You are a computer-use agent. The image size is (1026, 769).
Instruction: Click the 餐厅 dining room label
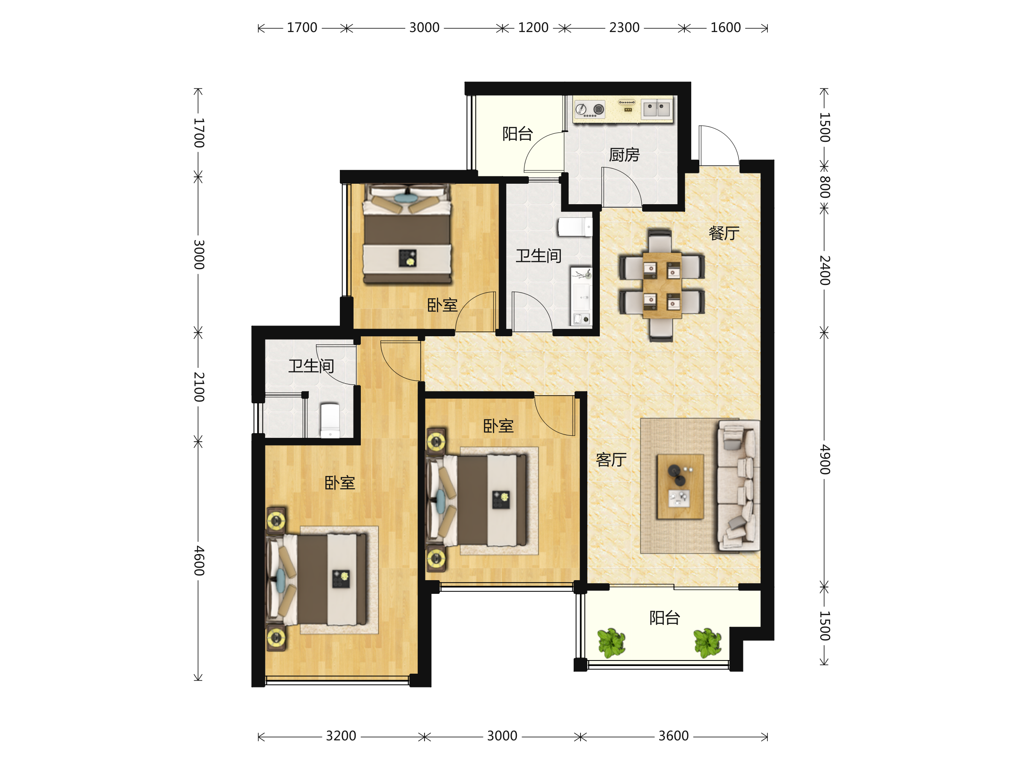(x=724, y=233)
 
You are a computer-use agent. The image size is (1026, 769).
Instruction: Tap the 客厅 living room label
(x=611, y=460)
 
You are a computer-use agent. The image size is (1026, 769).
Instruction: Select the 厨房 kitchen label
(x=624, y=155)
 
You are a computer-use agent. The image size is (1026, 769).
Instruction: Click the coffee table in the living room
(x=681, y=487)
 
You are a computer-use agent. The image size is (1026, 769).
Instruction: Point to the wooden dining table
(x=662, y=285)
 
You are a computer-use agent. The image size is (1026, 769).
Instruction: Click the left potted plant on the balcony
(x=611, y=643)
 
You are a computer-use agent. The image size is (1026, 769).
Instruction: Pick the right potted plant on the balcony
(x=708, y=643)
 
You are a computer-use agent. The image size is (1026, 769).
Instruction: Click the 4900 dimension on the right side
(x=824, y=459)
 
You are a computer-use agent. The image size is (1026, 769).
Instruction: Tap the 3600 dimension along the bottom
(x=673, y=736)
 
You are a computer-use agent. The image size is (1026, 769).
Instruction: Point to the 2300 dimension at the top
(x=624, y=28)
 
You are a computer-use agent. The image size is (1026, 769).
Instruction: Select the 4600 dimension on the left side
(x=198, y=561)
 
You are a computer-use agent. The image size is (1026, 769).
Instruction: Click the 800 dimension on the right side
(x=824, y=187)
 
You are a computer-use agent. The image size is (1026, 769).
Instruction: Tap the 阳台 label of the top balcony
(x=518, y=134)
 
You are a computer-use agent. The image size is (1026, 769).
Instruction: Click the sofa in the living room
(x=738, y=485)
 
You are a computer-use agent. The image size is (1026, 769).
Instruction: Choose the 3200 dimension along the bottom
(x=341, y=736)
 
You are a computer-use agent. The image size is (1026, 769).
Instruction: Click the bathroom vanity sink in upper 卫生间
(x=581, y=296)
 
